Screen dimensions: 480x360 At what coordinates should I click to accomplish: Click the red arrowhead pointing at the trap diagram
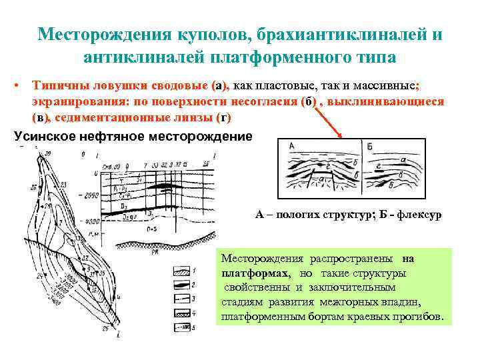click(x=341, y=136)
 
